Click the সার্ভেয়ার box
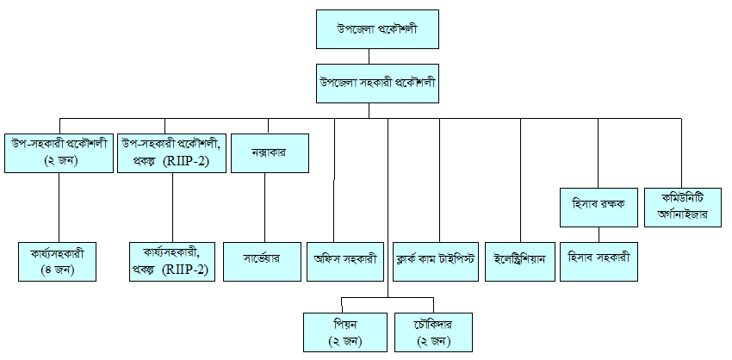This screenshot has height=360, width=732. pos(262,258)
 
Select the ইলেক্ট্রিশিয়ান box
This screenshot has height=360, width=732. pos(520,258)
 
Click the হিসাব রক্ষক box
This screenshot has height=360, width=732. pos(597,206)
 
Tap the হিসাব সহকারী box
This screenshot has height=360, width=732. pos(599,258)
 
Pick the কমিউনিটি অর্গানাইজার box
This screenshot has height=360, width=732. pos(683,206)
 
